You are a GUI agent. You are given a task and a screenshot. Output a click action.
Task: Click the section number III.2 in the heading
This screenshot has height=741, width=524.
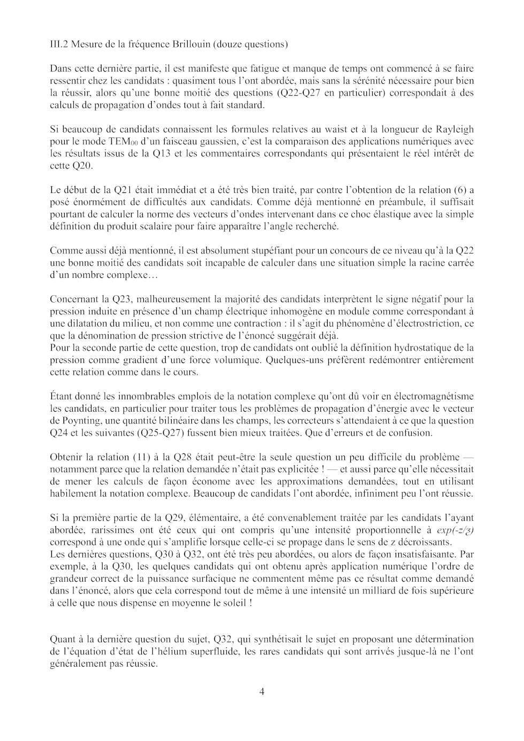pos(58,44)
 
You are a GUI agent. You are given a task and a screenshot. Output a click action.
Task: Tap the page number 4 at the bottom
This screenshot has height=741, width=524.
pos(262,691)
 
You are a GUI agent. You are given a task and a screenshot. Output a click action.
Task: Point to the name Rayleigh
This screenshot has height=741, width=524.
pos(455,129)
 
